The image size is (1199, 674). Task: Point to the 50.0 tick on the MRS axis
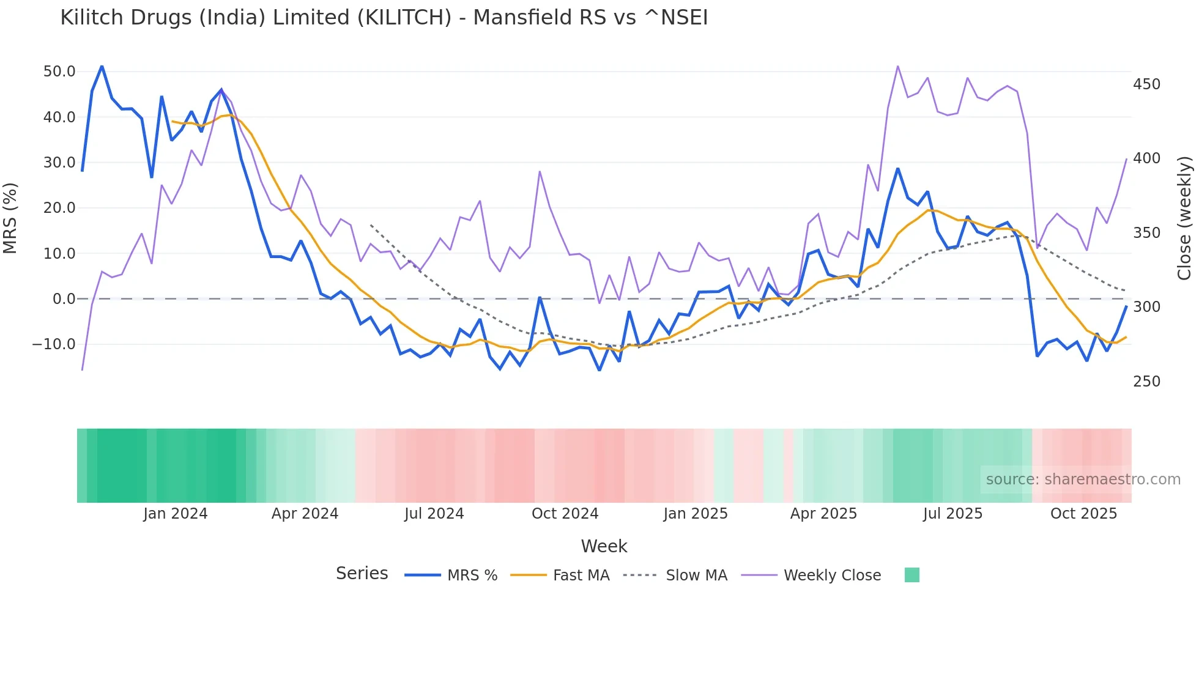[x=59, y=72]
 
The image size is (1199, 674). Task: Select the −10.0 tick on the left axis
[x=54, y=344]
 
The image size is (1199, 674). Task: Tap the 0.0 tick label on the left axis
[x=64, y=299]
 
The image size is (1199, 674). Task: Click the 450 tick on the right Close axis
[x=1146, y=84]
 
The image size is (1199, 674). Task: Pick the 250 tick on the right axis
[x=1146, y=382]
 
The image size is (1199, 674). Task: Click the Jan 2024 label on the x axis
[x=176, y=514]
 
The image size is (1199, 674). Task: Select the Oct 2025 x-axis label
[x=1083, y=514]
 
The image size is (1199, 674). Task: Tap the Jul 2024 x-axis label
[x=434, y=514]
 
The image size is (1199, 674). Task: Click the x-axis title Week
[x=604, y=546]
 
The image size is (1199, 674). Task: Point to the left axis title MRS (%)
[x=10, y=218]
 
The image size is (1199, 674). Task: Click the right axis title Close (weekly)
[x=1184, y=218]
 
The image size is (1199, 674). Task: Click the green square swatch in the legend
[x=911, y=575]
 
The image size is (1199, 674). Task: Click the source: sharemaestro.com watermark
[x=1083, y=480]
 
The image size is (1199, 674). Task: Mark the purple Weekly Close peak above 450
[x=897, y=66]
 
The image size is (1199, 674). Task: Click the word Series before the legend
[x=362, y=574]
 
